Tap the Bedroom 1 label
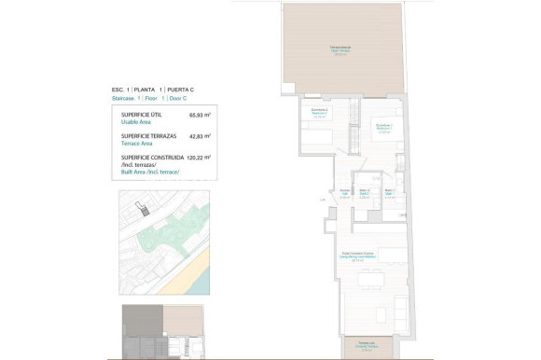(383, 127)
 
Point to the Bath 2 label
(364, 194)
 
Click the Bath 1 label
(390, 194)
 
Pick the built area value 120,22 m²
(198, 158)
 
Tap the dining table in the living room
(370, 277)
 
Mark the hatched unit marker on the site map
(142, 210)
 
